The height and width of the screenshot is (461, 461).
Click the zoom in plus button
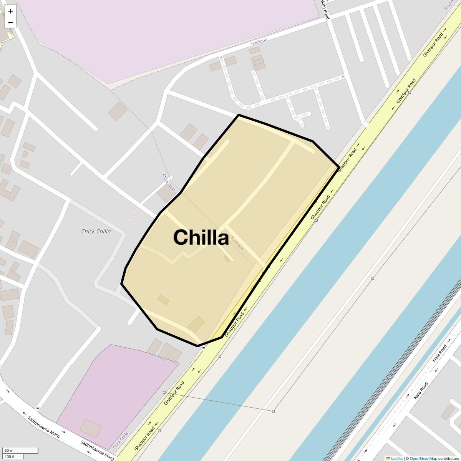pos(10,11)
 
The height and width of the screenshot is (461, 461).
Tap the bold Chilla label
pos(201,237)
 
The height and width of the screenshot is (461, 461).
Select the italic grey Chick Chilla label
pos(96,231)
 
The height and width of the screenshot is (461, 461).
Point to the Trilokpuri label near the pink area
pos(259,41)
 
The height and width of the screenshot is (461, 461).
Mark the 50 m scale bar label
pos(9,450)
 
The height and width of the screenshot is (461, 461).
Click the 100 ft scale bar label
pos(10,456)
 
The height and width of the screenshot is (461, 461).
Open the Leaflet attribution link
pos(397,458)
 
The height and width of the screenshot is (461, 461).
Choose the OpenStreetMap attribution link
pos(423,458)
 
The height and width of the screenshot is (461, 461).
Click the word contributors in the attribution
pos(448,458)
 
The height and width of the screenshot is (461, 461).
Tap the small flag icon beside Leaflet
pos(388,458)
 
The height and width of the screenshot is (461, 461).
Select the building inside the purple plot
pos(91,428)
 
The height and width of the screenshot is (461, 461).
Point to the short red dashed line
pos(134,214)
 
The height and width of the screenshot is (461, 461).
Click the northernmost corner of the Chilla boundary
pos(239,115)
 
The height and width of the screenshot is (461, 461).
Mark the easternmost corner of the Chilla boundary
pos(339,168)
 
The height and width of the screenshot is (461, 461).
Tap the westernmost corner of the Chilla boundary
pos(122,284)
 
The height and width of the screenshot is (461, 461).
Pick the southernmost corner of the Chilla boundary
pos(198,346)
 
